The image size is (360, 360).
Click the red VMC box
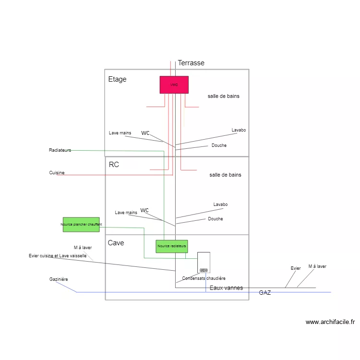pyautogui.click(x=174, y=84)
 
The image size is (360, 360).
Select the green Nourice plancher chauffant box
pyautogui.click(x=81, y=224)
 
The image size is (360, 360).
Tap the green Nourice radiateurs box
pyautogui.click(x=172, y=246)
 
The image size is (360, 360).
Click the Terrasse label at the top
pyautogui.click(x=191, y=63)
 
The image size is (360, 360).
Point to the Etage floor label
pyautogui.click(x=118, y=79)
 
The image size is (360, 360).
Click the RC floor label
pyautogui.click(x=114, y=165)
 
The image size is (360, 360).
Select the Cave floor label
pyautogui.click(x=116, y=243)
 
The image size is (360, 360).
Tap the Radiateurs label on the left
pyautogui.click(x=60, y=150)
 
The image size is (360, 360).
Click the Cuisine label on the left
pyautogui.click(x=57, y=173)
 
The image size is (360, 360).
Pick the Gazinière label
pyautogui.click(x=59, y=279)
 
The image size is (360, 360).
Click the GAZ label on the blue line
pyautogui.click(x=265, y=292)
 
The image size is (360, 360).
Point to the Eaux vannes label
pyautogui.click(x=226, y=288)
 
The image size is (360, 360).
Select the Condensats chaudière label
pyautogui.click(x=204, y=278)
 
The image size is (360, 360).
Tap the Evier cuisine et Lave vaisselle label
pyautogui.click(x=58, y=256)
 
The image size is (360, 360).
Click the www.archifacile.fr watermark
pyautogui.click(x=330, y=322)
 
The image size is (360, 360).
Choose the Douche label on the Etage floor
pyautogui.click(x=219, y=145)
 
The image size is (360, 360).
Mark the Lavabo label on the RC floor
pyautogui.click(x=220, y=204)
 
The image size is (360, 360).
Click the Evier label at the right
pyautogui.click(x=296, y=268)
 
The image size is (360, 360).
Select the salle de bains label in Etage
pyautogui.click(x=224, y=96)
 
